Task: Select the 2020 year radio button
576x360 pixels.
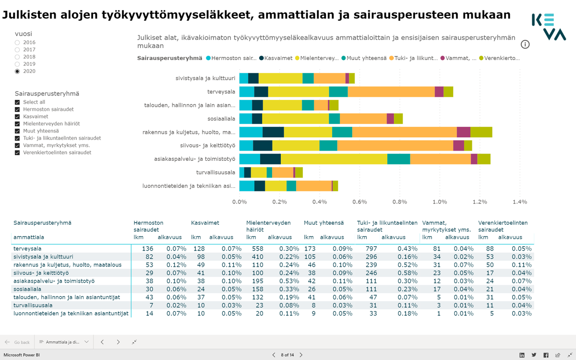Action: coord(17,72)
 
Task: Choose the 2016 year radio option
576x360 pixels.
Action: coord(17,43)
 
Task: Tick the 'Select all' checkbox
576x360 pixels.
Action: coord(17,102)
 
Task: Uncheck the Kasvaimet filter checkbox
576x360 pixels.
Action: coord(17,117)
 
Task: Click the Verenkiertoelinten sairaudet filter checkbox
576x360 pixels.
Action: coord(17,153)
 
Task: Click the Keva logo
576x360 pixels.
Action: coord(548,27)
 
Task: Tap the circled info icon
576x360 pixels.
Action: coord(525,45)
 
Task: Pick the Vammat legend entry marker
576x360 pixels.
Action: coord(443,58)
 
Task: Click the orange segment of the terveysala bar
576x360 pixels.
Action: coord(391,92)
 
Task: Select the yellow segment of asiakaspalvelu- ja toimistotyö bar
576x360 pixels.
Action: coord(334,159)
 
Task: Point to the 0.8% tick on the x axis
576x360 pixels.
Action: coord(399,202)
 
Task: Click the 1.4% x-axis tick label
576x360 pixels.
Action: coord(519,202)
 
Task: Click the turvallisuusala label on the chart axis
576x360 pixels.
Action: coord(216,172)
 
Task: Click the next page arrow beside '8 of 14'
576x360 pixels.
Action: coord(301,355)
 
